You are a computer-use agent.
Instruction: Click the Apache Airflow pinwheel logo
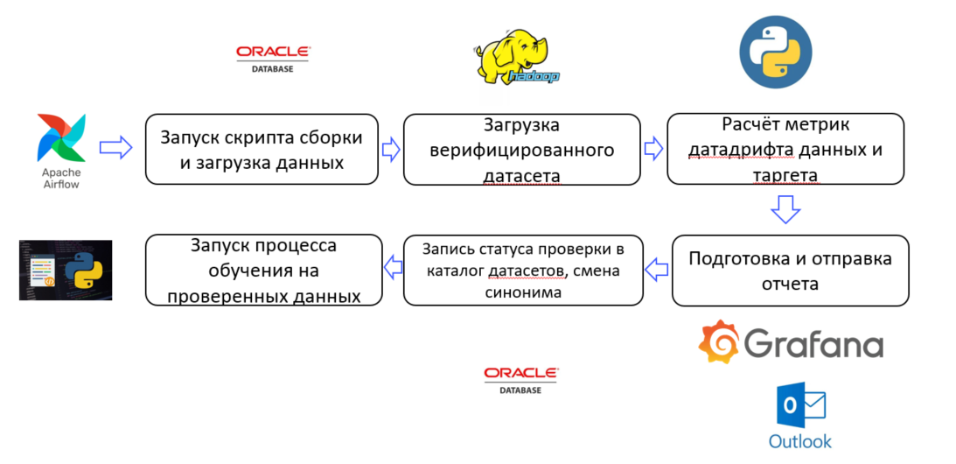point(61,137)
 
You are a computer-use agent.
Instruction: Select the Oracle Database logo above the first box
point(272,58)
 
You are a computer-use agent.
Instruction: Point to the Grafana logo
point(791,342)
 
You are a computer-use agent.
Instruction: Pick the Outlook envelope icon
point(800,407)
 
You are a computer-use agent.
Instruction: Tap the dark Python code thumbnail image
point(66,270)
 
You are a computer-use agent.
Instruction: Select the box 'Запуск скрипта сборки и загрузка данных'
point(262,149)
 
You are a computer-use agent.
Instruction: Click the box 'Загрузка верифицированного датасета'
point(522,150)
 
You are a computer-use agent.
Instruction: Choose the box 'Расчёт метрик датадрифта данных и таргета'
point(785,150)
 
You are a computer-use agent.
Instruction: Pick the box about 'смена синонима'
point(523,271)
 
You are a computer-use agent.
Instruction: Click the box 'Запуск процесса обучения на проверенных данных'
point(263,271)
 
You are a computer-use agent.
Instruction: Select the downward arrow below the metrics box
point(785,209)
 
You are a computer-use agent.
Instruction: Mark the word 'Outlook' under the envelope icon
point(800,441)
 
